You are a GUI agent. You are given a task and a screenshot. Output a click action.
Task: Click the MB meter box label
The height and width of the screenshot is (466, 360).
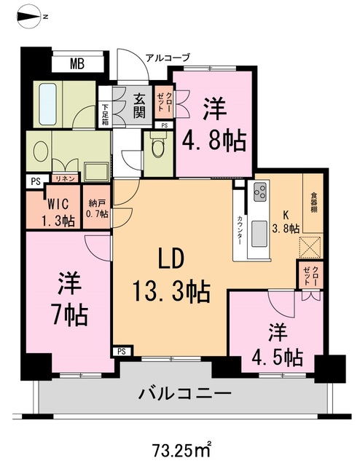[77, 64]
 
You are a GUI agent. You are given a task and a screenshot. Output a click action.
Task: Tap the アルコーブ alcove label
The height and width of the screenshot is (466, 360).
[167, 58]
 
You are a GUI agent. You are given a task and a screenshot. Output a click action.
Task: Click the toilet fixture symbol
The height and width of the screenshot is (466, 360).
[154, 149]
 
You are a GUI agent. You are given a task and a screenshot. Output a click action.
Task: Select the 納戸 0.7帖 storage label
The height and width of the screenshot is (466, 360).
[97, 208]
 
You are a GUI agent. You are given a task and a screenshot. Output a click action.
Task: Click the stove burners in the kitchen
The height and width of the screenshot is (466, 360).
[259, 193]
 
